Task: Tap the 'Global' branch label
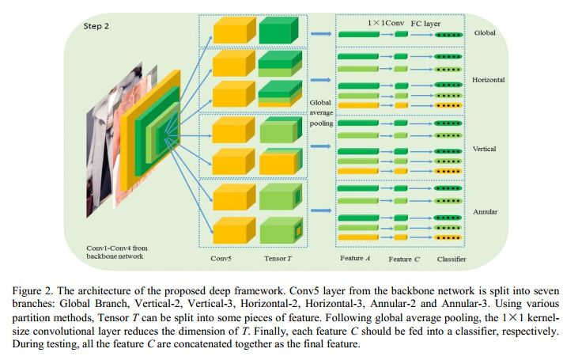[484, 33]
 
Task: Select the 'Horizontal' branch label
[489, 81]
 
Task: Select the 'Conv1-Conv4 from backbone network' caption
[117, 252]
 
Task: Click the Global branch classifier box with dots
[449, 35]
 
